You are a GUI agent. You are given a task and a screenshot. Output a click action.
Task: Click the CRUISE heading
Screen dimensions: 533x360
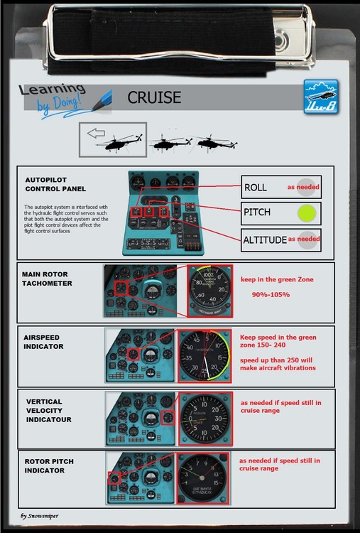coord(154,97)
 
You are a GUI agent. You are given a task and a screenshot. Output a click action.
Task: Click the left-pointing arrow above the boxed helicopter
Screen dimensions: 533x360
coord(96,132)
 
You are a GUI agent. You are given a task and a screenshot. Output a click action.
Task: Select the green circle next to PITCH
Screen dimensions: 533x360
coord(306,212)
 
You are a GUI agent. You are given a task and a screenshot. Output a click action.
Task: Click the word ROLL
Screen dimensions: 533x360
coord(256,188)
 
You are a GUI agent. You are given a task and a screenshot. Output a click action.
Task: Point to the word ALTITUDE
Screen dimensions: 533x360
coord(265,240)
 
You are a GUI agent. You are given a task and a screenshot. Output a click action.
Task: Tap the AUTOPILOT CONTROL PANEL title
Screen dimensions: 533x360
coord(55,184)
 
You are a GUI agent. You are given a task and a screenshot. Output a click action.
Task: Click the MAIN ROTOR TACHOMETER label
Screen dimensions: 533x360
coord(52,278)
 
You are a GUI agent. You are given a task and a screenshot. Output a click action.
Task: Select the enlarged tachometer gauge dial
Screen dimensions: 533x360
coord(209,290)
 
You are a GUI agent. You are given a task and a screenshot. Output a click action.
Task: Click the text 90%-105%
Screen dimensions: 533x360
coord(270,294)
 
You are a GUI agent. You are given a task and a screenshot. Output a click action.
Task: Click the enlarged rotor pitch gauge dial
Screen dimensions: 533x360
coord(205,476)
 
